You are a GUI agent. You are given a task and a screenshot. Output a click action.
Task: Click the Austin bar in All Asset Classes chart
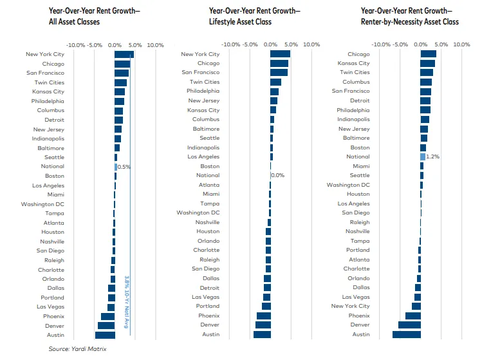105,335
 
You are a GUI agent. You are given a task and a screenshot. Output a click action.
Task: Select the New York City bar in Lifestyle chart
280,54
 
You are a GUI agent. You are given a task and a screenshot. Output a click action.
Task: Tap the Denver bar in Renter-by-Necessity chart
409,325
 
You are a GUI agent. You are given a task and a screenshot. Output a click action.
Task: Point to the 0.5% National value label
124,167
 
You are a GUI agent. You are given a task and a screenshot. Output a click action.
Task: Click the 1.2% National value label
433,156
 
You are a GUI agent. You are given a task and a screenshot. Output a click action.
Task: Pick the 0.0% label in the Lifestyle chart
278,175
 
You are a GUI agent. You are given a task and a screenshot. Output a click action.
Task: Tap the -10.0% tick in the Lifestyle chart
231,45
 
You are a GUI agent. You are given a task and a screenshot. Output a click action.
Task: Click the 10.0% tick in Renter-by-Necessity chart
461,45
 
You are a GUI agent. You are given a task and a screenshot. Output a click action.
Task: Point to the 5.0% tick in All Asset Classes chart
134,45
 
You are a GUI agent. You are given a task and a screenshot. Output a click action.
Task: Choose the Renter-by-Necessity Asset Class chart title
409,16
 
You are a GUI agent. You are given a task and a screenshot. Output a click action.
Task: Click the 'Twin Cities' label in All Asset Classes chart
49,82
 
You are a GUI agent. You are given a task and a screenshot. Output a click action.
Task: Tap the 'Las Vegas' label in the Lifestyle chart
206,297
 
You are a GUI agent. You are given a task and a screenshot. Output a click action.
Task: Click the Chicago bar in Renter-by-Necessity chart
428,54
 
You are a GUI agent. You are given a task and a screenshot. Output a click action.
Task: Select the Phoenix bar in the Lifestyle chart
264,316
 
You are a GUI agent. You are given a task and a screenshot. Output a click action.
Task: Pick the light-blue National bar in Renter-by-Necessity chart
423,156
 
